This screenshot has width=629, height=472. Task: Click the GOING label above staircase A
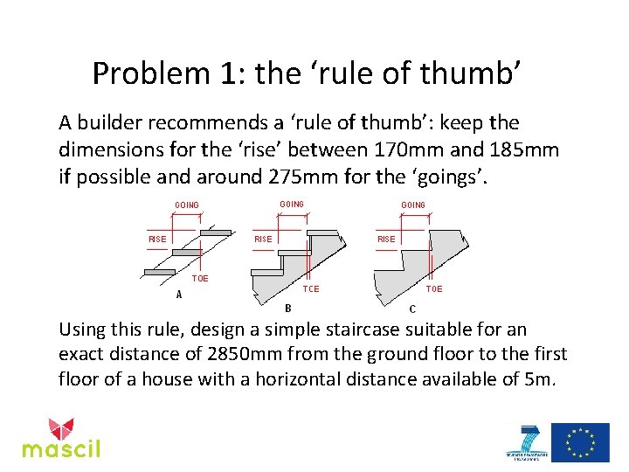(186, 205)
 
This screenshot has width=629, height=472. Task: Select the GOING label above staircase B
(292, 205)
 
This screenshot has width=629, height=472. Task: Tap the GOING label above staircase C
(413, 205)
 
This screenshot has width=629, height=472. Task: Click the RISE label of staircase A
(157, 239)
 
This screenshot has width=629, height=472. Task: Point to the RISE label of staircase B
(262, 239)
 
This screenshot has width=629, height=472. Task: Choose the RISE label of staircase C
(385, 239)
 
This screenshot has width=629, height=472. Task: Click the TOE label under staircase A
(201, 278)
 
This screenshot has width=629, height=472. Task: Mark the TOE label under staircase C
(433, 288)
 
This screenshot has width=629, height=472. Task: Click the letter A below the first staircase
(179, 295)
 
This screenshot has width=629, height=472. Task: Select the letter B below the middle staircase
(288, 308)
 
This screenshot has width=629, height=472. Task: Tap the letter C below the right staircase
(412, 309)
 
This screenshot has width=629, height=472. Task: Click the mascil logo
(61, 438)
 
